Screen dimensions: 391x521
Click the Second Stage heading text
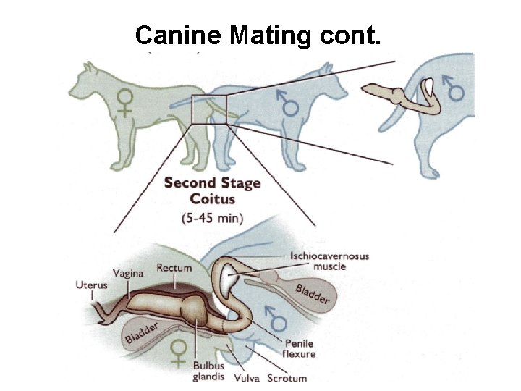click(x=212, y=182)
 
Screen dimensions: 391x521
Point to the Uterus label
click(x=91, y=285)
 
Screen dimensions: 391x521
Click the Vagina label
click(x=129, y=273)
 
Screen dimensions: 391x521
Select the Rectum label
click(x=174, y=268)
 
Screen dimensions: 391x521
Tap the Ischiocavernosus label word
click(x=329, y=256)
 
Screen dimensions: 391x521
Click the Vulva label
click(x=247, y=377)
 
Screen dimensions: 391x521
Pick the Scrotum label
click(x=287, y=377)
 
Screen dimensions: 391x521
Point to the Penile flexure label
click(x=300, y=349)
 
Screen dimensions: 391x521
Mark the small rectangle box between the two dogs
click(x=209, y=109)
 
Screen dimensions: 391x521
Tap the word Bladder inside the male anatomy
click(x=313, y=293)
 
